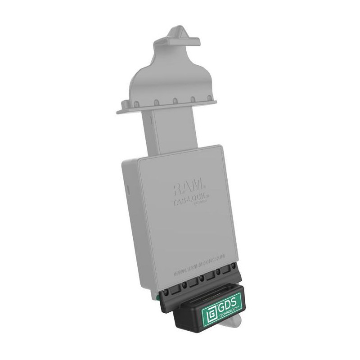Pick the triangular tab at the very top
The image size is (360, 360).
click(177, 33)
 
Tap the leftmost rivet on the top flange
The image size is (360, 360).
click(135, 104)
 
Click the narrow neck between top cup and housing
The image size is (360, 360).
click(170, 130)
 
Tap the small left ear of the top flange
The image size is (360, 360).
click(120, 109)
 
